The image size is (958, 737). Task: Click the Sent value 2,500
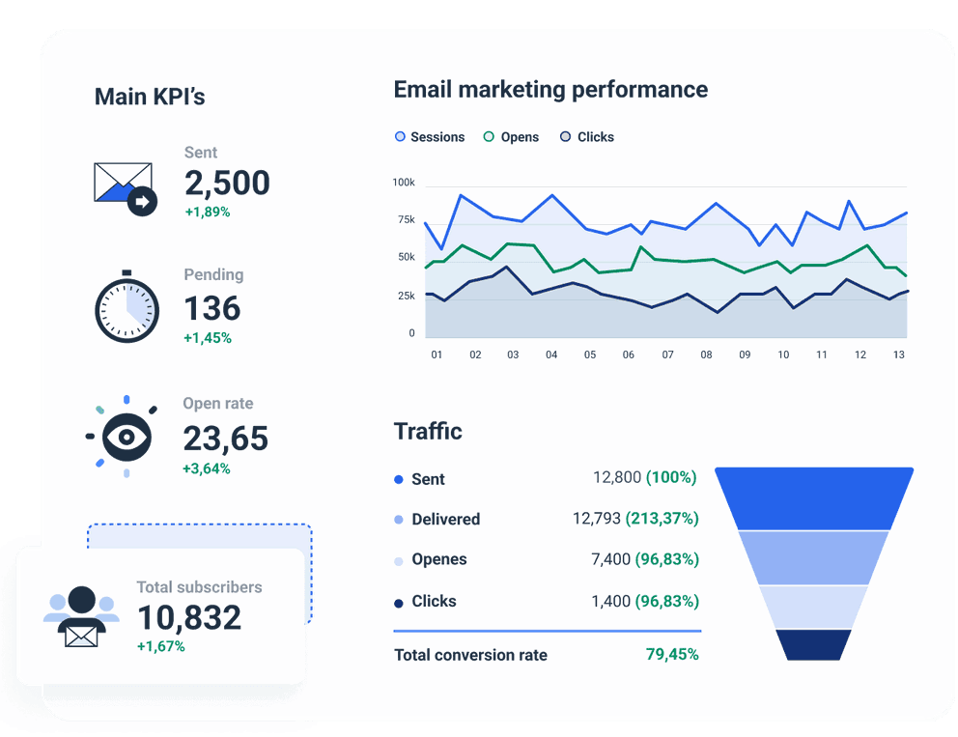point(227,183)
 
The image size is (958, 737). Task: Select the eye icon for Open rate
point(127,437)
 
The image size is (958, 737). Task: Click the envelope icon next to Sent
point(125,186)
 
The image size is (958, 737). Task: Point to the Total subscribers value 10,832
point(189,617)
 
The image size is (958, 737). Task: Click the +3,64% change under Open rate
point(207,468)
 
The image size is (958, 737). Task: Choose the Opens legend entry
point(511,137)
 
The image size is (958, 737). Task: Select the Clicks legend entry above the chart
point(587,137)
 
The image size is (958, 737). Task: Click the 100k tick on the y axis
point(404,183)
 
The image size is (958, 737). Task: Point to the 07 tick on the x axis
point(667,355)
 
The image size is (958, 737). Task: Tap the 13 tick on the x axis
point(898,355)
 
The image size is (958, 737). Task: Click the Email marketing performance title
point(550,90)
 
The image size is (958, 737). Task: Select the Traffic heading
point(428,431)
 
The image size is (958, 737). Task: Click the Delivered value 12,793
point(597,519)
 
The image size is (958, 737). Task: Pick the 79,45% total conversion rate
point(672,655)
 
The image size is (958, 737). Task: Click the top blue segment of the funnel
point(814,498)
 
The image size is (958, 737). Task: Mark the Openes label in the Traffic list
point(438,559)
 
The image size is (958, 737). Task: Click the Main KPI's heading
point(150,97)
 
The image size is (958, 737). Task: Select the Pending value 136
point(212,308)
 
